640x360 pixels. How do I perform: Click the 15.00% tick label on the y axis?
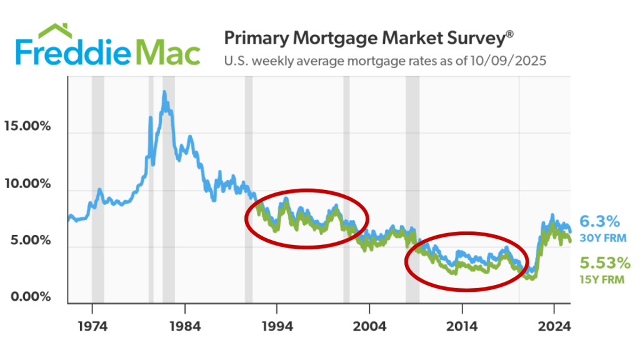tap(27, 126)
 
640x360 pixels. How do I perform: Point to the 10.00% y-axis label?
tap(27, 184)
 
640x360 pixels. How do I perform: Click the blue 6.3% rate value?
tap(599, 221)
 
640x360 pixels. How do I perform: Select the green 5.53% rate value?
tap(604, 263)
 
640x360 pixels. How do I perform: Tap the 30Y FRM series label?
tap(602, 238)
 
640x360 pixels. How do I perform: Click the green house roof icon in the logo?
tap(58, 32)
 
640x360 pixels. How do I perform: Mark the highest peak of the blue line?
tap(164, 92)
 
